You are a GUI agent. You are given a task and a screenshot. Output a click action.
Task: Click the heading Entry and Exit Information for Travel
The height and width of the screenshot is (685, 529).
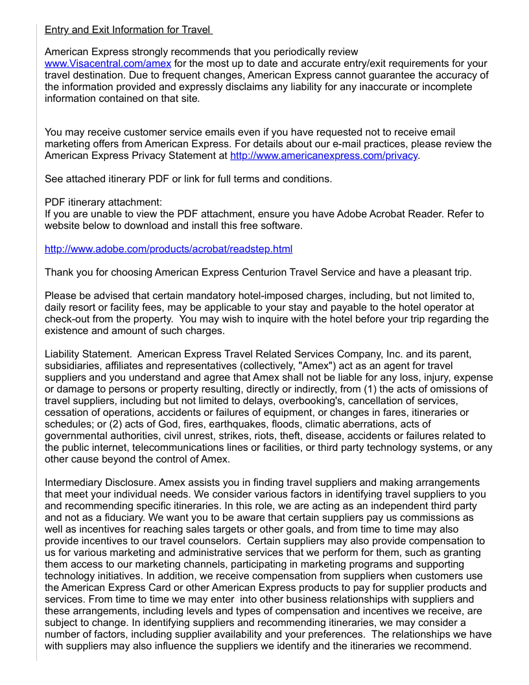pyautogui.click(x=128, y=30)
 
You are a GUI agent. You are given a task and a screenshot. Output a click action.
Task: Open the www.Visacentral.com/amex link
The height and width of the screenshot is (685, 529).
pyautogui.click(x=108, y=64)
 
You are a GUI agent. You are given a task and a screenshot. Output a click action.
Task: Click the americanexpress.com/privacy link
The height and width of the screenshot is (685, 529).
pyautogui.click(x=323, y=156)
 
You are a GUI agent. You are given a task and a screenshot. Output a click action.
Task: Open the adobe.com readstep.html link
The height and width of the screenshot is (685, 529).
pyautogui.click(x=169, y=249)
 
